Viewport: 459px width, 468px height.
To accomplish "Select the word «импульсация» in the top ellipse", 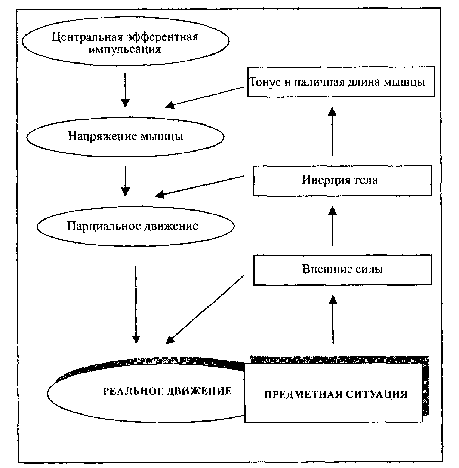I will coord(125,49).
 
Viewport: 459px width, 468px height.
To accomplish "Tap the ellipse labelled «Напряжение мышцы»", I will coord(125,136).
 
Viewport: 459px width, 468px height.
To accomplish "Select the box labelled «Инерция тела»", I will coord(342,181).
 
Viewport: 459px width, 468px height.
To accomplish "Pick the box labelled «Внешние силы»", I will coord(342,269).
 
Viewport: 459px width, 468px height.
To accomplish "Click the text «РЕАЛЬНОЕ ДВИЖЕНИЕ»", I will coord(167,391).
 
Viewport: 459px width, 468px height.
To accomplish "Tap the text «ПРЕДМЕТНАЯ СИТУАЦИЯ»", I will coord(336,394).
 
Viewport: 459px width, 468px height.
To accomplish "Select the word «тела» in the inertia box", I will coord(366,180).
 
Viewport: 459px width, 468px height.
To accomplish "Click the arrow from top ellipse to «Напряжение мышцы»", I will coord(125,90).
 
